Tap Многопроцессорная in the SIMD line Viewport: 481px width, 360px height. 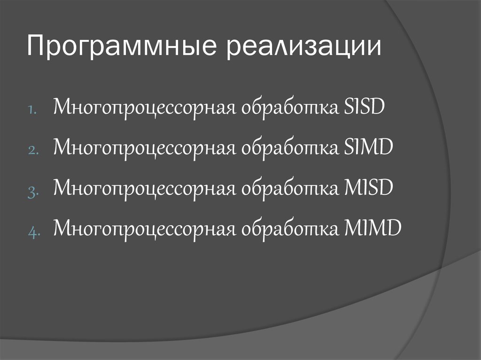(x=143, y=149)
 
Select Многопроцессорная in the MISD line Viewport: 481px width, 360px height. (x=143, y=189)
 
